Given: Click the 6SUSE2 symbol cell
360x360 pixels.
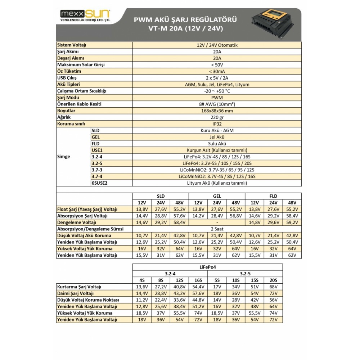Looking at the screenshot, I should pyautogui.click(x=100, y=183).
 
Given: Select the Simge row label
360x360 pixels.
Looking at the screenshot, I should pyautogui.click(x=64, y=157).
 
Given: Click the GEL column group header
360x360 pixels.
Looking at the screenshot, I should pyautogui.click(x=217, y=196).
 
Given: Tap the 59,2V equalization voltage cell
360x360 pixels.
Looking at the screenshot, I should pyautogui.click(x=292, y=222).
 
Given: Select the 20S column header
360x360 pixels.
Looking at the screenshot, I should pyautogui.click(x=274, y=280).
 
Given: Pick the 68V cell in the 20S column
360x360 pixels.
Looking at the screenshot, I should pyautogui.click(x=274, y=287).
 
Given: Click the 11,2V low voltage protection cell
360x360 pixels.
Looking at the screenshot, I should pyautogui.click(x=142, y=300).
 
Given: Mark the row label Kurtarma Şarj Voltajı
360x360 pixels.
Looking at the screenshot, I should pyautogui.click(x=80, y=287).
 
